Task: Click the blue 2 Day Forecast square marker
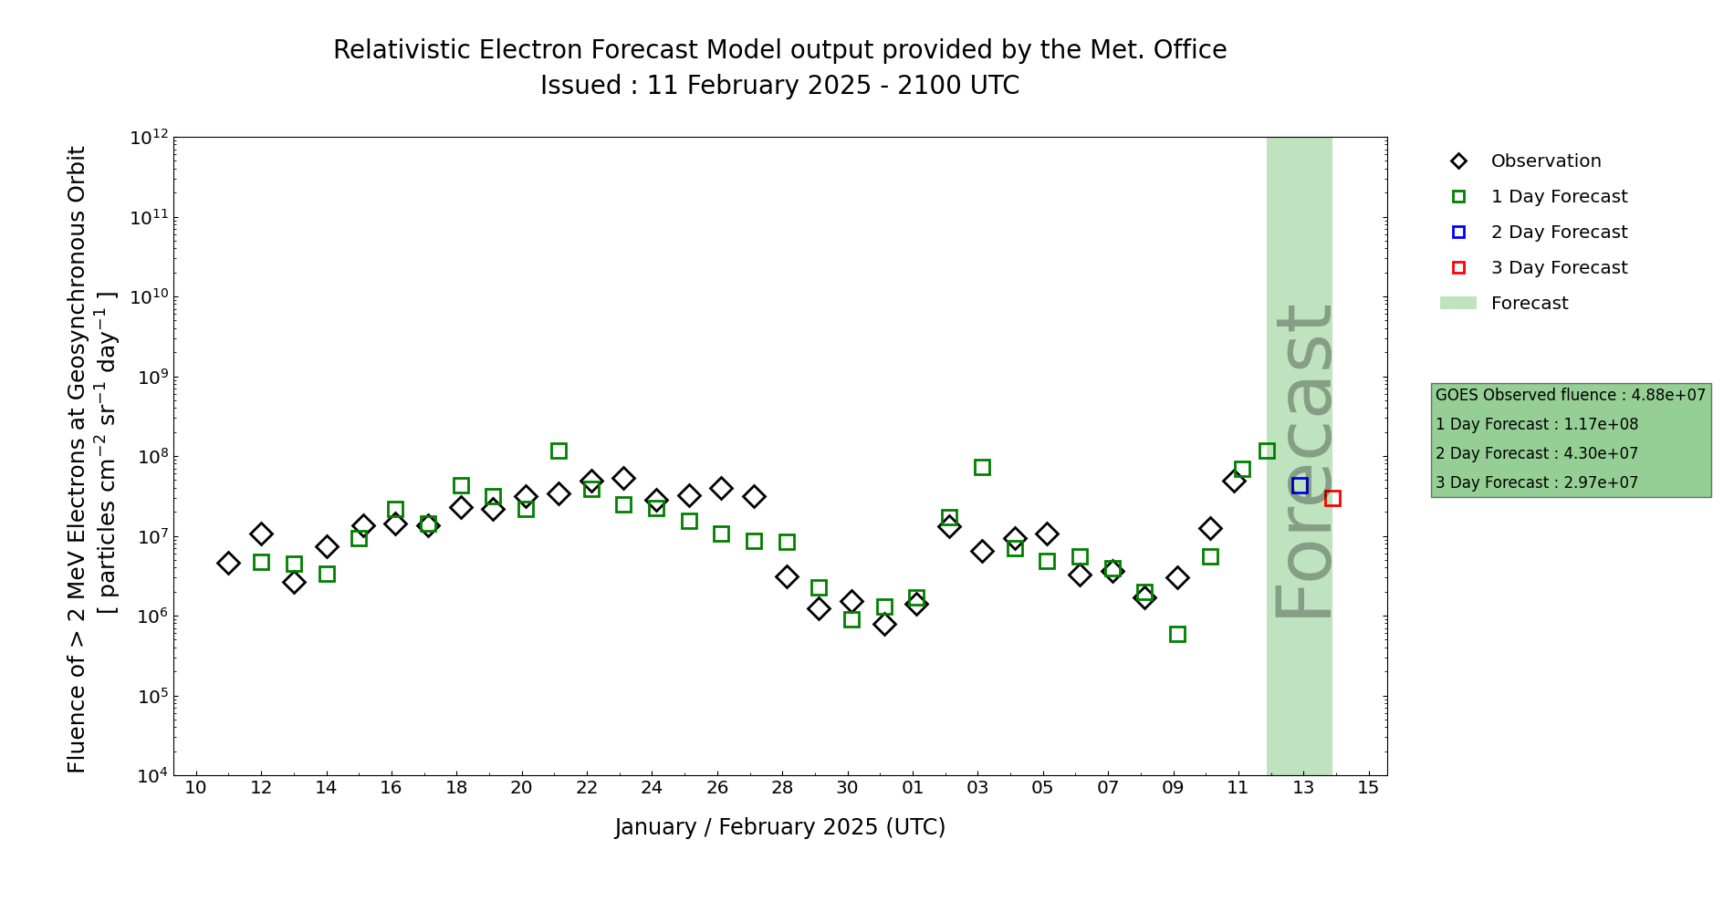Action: (1300, 486)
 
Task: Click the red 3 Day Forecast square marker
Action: (1332, 498)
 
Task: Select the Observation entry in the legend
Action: (1545, 161)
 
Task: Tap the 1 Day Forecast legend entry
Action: (1558, 197)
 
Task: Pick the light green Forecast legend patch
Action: (1457, 304)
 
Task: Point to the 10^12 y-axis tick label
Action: (149, 138)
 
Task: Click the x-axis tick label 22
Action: (587, 788)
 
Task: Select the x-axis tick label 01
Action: (913, 788)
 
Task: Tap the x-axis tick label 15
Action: (1368, 788)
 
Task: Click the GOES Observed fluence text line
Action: (1570, 396)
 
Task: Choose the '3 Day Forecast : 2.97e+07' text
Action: (1536, 483)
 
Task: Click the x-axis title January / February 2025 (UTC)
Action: (780, 827)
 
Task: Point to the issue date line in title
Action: (780, 86)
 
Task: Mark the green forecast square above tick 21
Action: (559, 451)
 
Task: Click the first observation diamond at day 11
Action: (228, 563)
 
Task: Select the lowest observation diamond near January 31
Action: (884, 624)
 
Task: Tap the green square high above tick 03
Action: (982, 467)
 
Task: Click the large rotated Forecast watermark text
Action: (1302, 461)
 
